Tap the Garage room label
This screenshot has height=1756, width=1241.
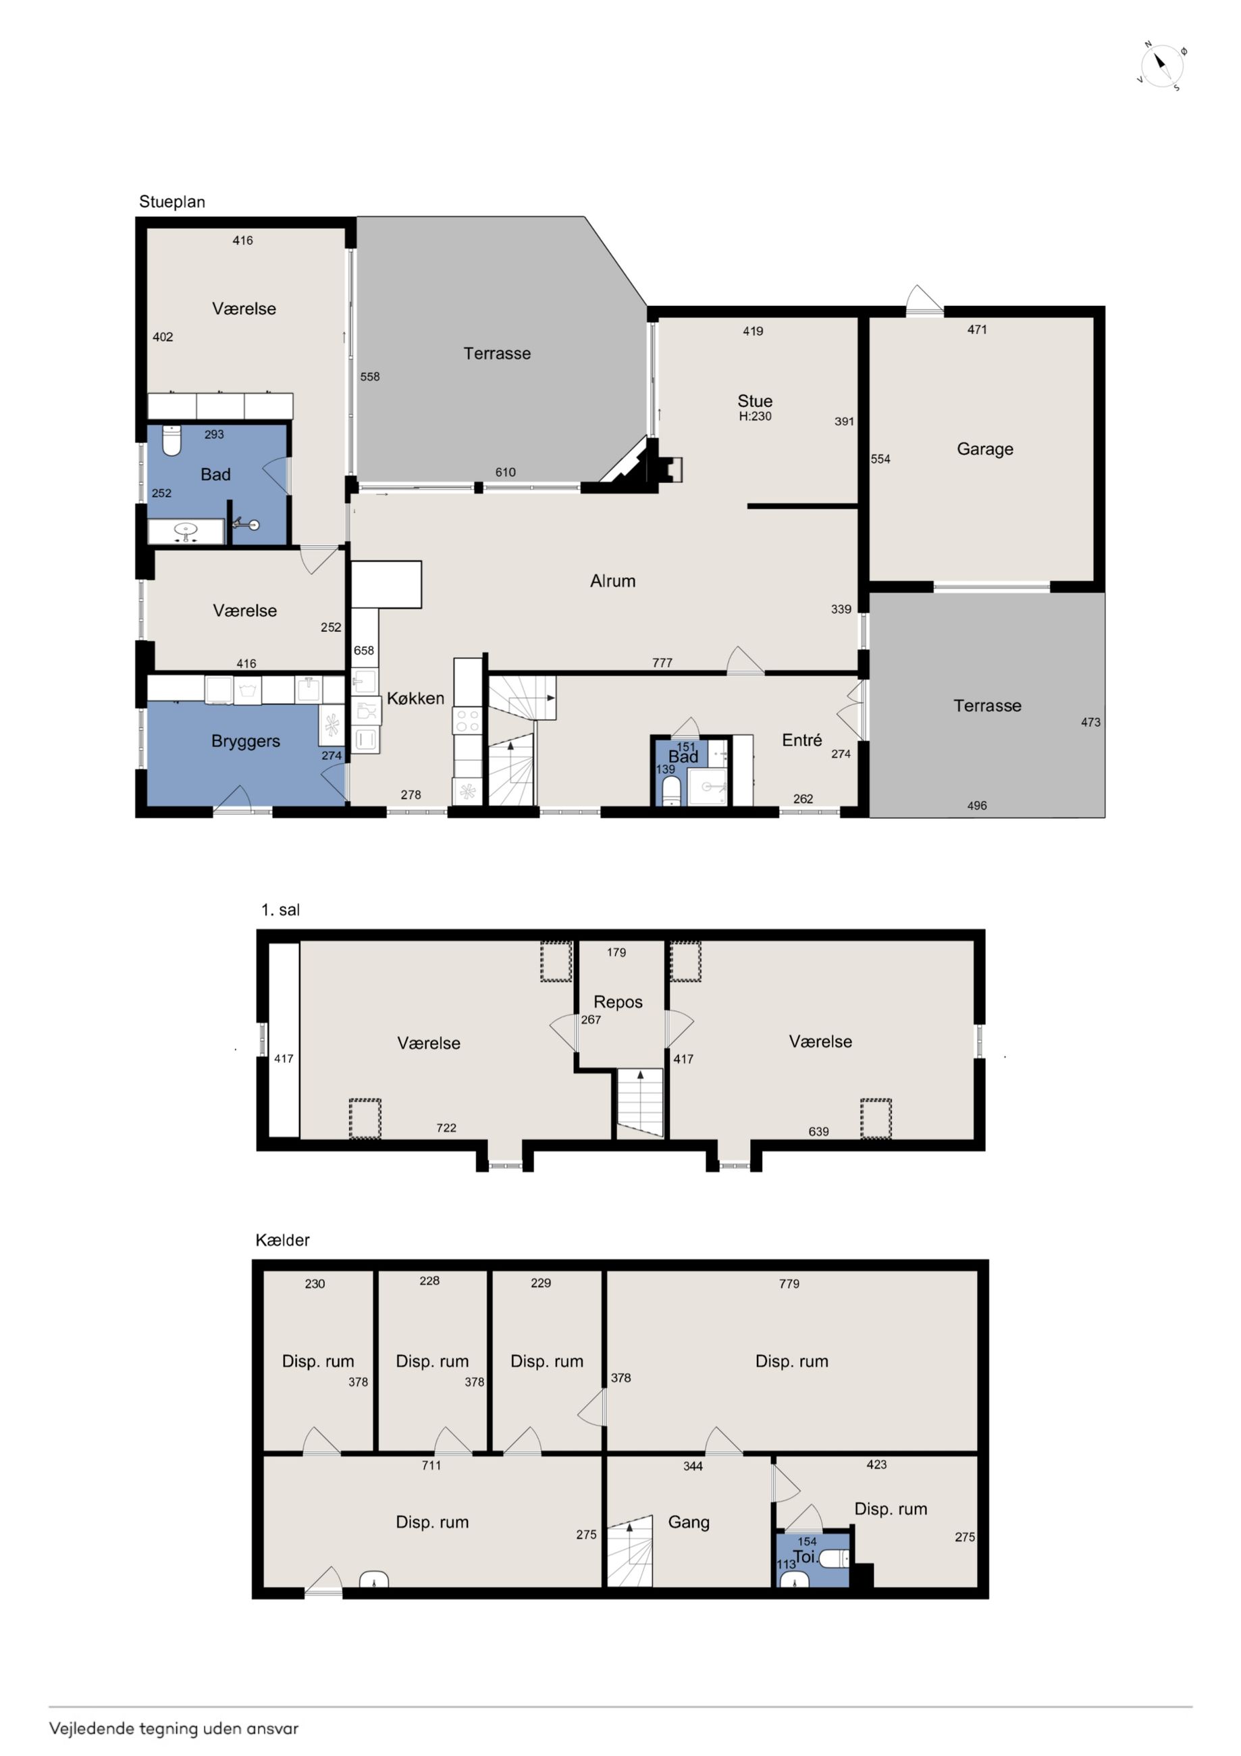click(x=985, y=449)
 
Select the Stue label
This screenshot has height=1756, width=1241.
click(x=755, y=401)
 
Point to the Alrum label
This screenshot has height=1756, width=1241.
click(x=612, y=580)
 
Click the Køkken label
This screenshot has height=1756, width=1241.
click(x=415, y=698)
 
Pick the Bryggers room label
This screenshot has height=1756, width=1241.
click(x=246, y=741)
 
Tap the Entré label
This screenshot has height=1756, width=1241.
click(x=802, y=740)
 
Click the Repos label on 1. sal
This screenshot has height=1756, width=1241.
click(x=618, y=1002)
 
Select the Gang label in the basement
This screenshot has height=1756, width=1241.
click(x=688, y=1522)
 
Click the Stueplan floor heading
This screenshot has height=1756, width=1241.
click(x=172, y=202)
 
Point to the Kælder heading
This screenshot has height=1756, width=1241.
click(x=282, y=1240)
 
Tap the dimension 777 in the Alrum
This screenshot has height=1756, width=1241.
click(x=662, y=663)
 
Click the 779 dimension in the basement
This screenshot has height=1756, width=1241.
click(x=789, y=1284)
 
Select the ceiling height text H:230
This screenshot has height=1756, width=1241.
click(x=755, y=417)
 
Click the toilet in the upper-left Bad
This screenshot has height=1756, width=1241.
click(x=172, y=440)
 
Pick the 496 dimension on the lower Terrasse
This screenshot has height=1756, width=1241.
click(x=976, y=805)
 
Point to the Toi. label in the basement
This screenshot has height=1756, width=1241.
click(x=805, y=1556)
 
